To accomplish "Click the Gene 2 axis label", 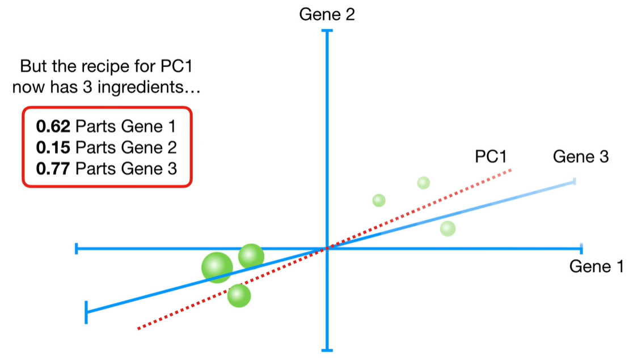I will (x=327, y=14).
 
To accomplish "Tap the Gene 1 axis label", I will (x=596, y=266).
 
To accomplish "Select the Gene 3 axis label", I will (x=580, y=157).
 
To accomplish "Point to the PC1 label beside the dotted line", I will (x=491, y=157).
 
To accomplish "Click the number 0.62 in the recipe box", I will (x=53, y=126).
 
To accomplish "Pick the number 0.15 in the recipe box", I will (x=53, y=147).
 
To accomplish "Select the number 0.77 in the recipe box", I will (x=53, y=168).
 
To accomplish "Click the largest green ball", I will (x=217, y=267).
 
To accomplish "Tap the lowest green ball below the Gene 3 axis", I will (x=239, y=295).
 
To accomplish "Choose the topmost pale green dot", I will (x=423, y=183).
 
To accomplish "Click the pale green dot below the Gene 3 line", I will (x=448, y=228).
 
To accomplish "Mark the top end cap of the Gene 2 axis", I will (x=327, y=31).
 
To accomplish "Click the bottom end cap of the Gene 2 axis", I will (x=327, y=350).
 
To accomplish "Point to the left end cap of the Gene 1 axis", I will (x=77, y=248).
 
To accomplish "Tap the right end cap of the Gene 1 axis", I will (x=581, y=248).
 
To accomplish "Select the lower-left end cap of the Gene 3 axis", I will (x=86, y=312).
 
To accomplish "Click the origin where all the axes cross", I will (x=327, y=248).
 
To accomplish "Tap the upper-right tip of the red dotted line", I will (x=512, y=169).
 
